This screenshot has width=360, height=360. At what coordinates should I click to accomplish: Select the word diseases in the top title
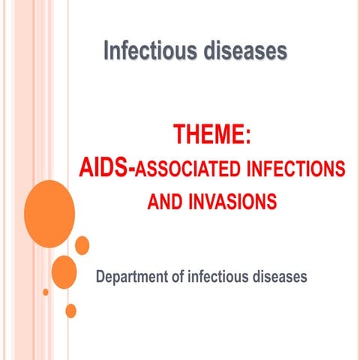tap(244, 52)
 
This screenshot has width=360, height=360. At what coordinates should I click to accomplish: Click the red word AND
tap(164, 201)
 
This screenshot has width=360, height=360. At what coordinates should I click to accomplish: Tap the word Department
tap(135, 278)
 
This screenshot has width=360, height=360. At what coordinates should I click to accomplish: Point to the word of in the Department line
tap(186, 277)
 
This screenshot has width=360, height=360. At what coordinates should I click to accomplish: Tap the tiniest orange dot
tap(46, 292)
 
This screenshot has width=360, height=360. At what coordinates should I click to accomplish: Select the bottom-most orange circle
tap(71, 310)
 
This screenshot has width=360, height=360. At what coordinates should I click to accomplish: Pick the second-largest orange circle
tap(64, 271)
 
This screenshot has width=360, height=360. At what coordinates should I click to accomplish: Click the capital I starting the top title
tap(106, 52)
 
